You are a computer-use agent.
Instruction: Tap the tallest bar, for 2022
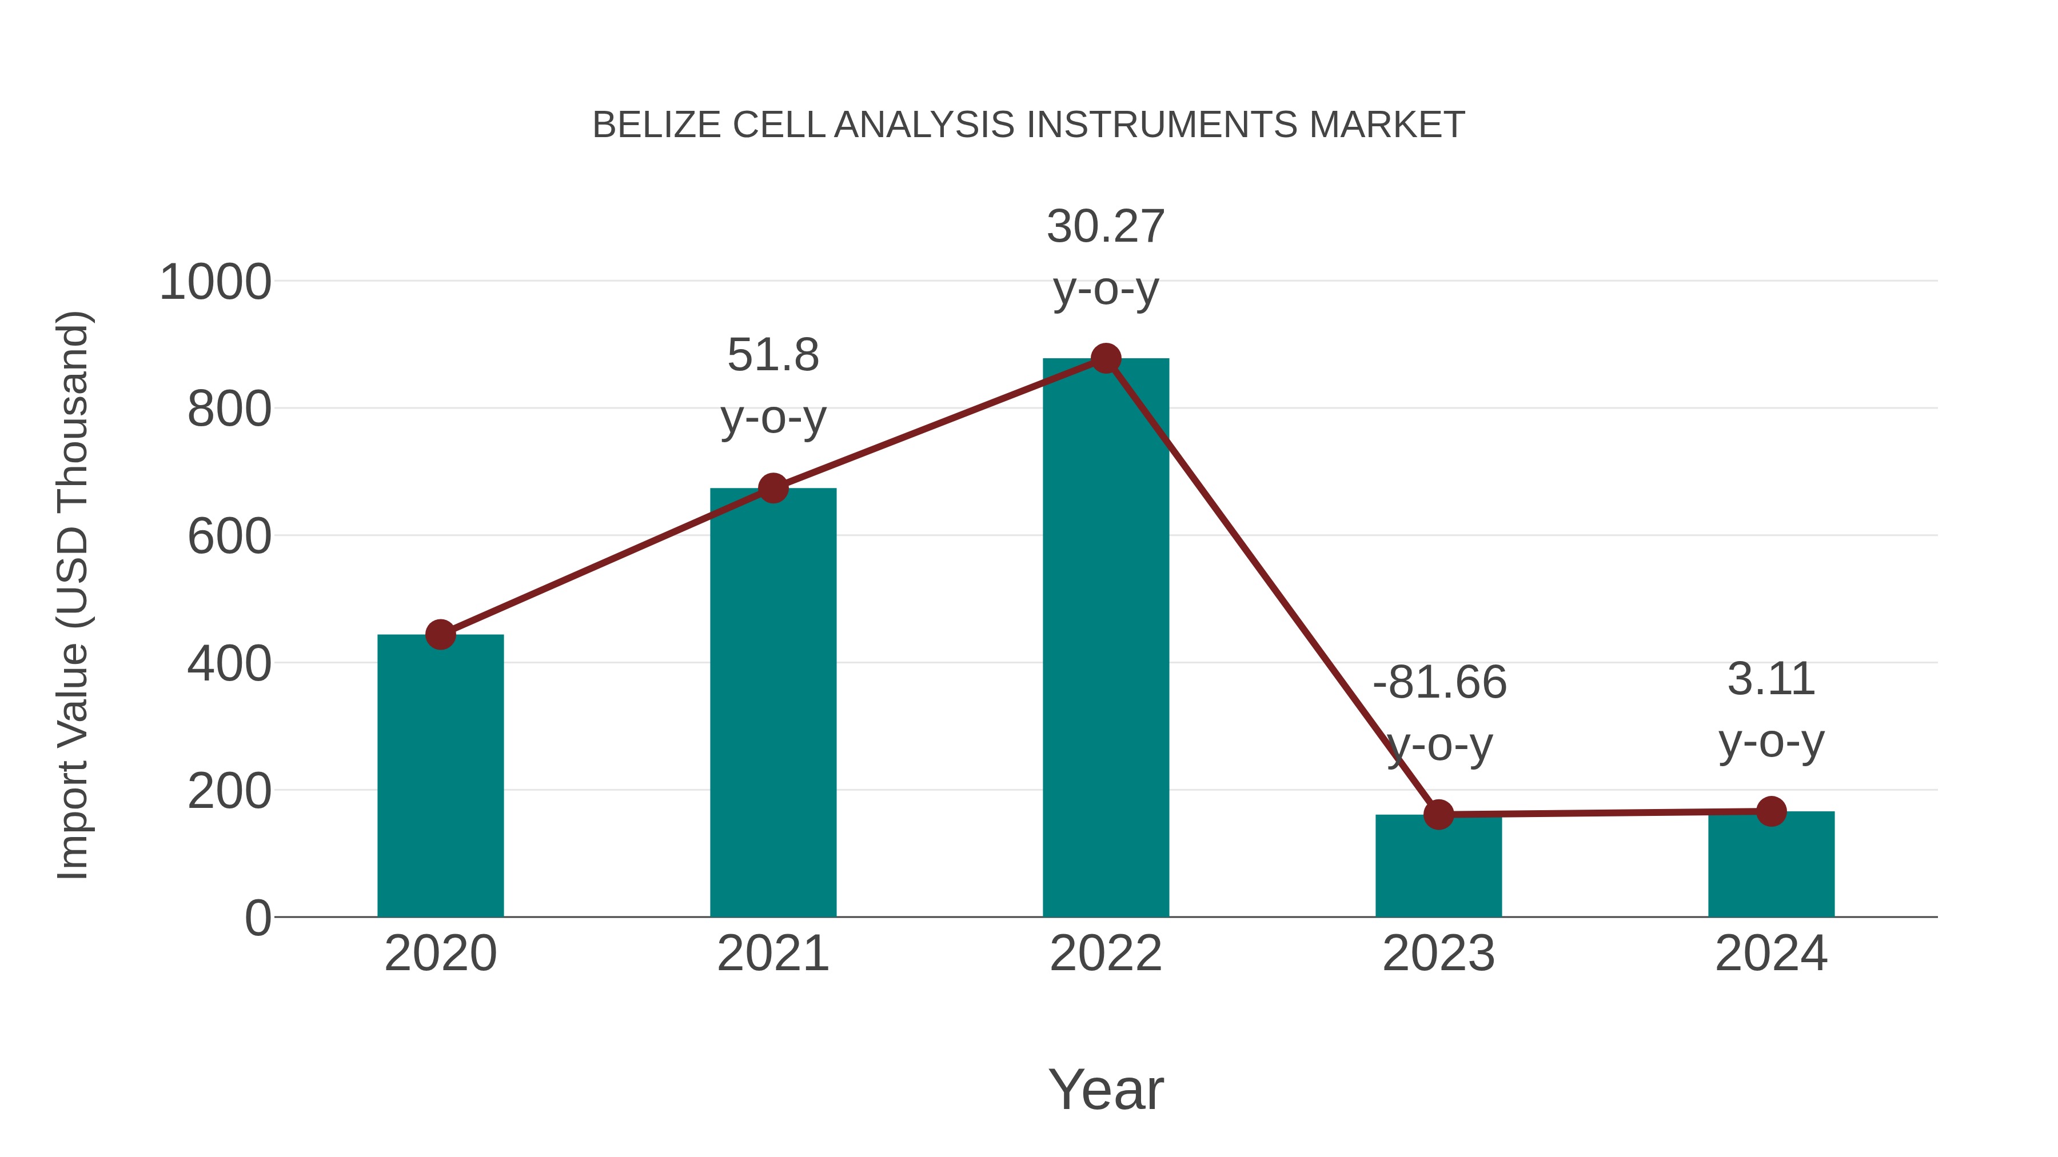[1105, 639]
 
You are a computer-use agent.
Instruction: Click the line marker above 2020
[440, 635]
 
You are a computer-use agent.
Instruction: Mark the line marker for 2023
[1438, 814]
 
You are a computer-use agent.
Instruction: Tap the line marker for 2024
[1771, 811]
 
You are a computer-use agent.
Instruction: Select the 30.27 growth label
[1105, 257]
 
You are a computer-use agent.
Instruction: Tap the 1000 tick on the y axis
[216, 283]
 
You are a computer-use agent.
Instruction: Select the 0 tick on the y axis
[257, 918]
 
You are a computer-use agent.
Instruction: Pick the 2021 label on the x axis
[772, 954]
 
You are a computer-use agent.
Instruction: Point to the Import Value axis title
[74, 595]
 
